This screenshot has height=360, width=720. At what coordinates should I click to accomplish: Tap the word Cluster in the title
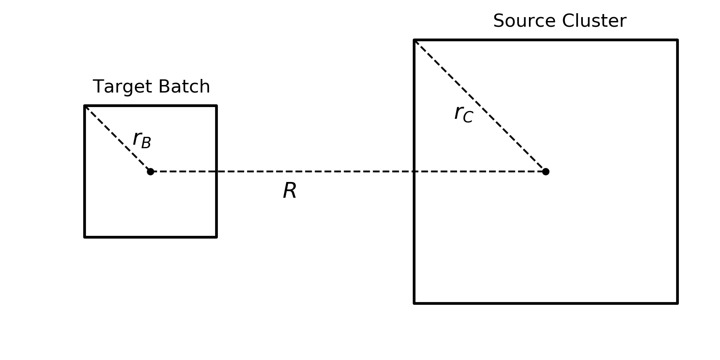pos(594,21)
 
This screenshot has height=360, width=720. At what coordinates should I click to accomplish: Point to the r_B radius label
pos(142,140)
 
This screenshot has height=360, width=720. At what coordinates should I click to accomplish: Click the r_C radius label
pos(464,114)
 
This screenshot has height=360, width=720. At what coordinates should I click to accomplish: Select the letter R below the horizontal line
pos(290,191)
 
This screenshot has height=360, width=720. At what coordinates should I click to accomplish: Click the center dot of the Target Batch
pos(150,171)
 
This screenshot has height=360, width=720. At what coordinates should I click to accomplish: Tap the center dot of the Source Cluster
pos(546,171)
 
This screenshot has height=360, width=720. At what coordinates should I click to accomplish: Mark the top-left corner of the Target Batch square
pos(85,106)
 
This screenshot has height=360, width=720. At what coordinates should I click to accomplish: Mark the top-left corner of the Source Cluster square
pos(415,40)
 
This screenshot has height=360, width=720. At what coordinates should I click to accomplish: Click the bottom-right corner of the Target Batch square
pos(216,237)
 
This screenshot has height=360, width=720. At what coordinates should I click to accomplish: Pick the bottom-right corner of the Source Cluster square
pos(677,303)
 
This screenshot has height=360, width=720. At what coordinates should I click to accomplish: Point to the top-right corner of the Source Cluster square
pos(677,40)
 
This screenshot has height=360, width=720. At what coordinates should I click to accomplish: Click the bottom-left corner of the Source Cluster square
pos(415,303)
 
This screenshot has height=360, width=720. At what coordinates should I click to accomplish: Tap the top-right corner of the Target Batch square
pos(216,106)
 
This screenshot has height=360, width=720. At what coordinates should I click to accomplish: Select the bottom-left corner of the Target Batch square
pos(85,237)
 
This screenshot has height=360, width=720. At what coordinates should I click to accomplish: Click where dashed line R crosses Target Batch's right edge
pos(216,171)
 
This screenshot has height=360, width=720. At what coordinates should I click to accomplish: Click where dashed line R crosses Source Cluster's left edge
pos(415,171)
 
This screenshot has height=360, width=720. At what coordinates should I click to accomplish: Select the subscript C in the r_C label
pos(468,117)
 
